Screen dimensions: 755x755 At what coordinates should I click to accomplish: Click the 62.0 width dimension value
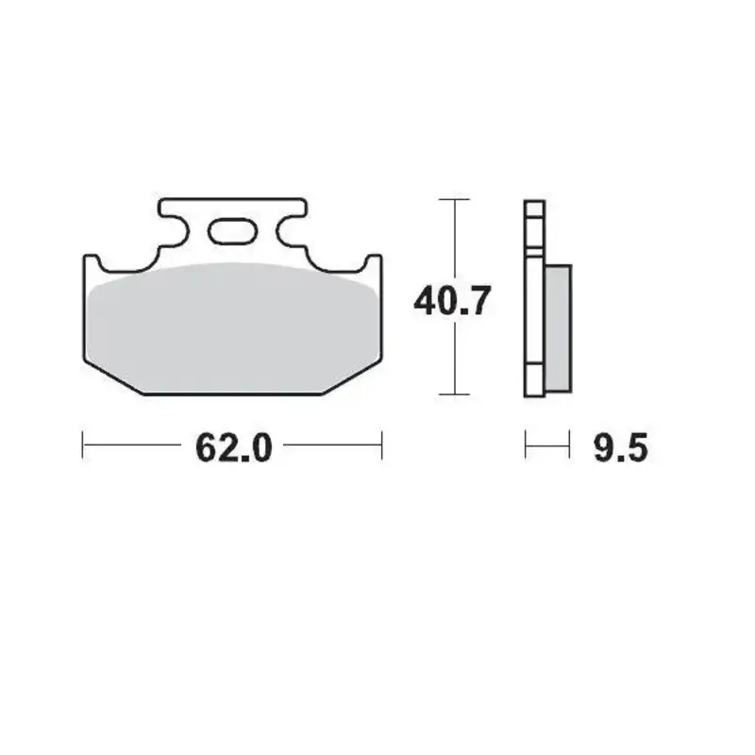pyautogui.click(x=233, y=447)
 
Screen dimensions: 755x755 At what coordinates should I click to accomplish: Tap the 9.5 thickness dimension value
pyautogui.click(x=620, y=447)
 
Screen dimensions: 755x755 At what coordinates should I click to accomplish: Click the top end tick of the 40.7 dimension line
pyautogui.click(x=456, y=200)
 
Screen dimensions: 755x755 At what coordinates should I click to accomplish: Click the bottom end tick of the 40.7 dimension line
pyautogui.click(x=456, y=394)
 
